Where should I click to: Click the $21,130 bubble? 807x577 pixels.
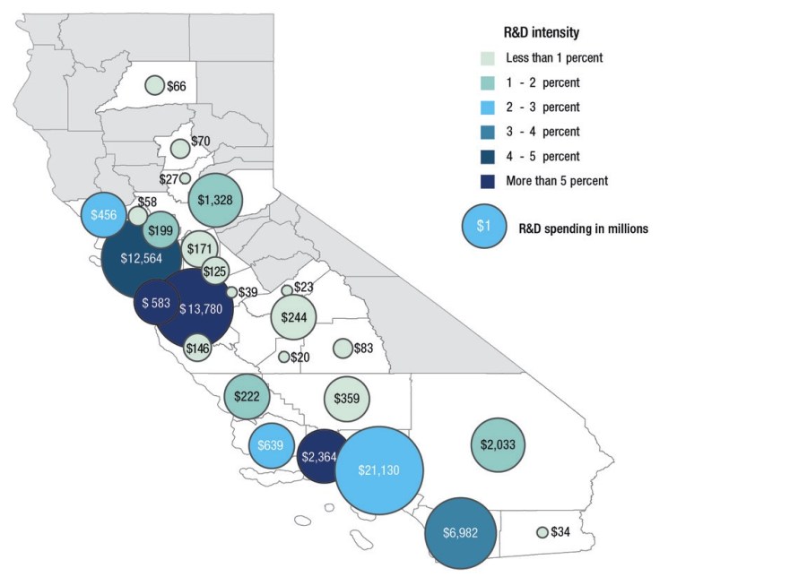pos(379,469)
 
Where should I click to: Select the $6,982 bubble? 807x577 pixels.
pos(462,532)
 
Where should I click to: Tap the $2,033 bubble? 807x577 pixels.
pos(499,444)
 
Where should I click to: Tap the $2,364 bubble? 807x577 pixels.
pos(319,457)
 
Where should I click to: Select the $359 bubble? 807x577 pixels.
pos(346,398)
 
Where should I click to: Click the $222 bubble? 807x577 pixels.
pos(247,396)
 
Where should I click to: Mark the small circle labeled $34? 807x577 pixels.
pos(542,532)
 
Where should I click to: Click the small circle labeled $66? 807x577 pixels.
pos(154,85)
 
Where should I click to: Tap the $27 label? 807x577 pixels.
pos(169,178)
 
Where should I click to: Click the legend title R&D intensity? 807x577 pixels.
pos(541,33)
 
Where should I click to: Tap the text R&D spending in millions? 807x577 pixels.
pos(584,228)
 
